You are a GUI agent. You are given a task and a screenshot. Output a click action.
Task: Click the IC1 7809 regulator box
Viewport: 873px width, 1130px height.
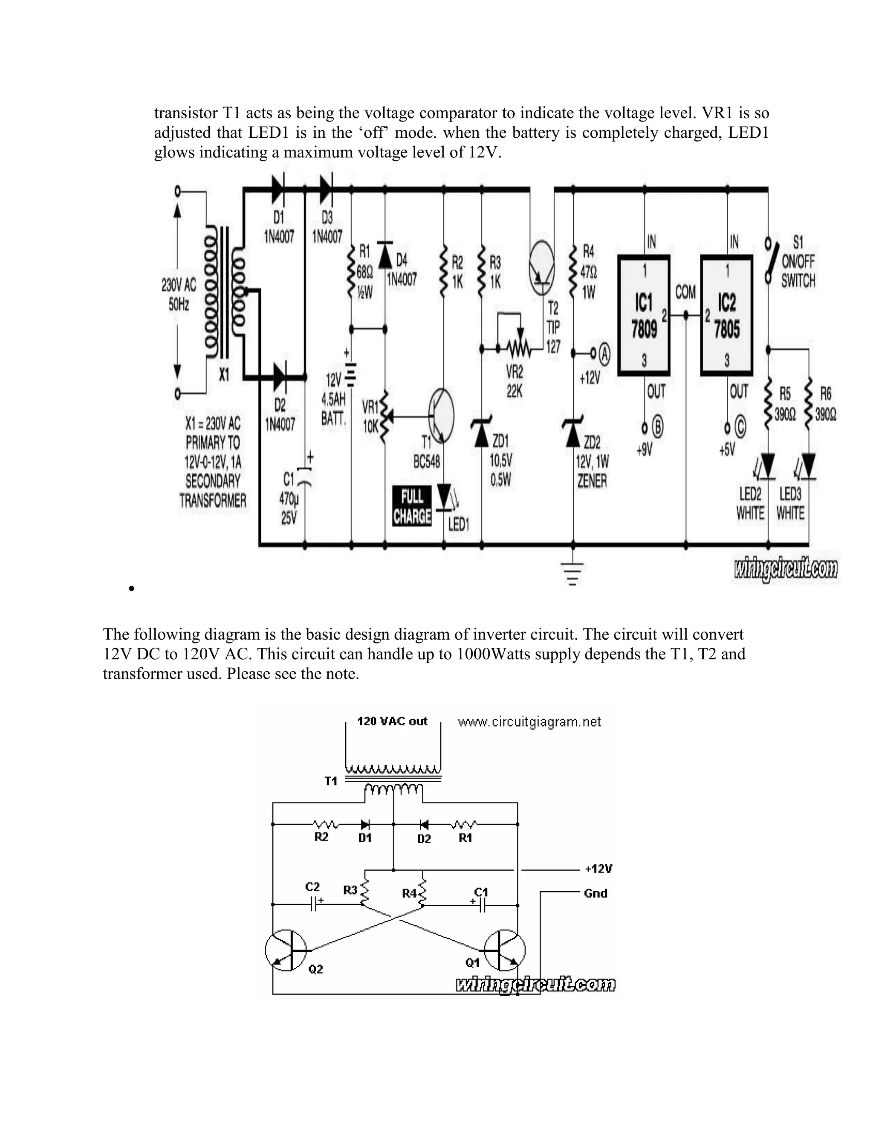[x=644, y=315]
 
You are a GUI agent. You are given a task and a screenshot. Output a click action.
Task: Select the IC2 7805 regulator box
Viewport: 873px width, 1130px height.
[x=727, y=315]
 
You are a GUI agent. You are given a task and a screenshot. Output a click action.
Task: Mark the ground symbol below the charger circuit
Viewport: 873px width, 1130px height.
[x=572, y=572]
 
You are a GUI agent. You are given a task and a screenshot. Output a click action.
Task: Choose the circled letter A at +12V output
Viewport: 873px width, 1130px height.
[x=604, y=354]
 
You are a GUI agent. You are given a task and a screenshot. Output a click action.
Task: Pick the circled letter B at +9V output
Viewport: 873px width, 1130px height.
[x=658, y=427]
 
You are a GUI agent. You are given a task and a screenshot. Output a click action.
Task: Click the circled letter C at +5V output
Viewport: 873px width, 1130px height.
[x=740, y=427]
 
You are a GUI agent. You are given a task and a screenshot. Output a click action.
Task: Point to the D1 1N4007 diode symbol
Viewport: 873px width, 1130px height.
[x=278, y=189]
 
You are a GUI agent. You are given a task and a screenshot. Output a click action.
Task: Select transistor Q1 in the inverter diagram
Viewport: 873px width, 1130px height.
[x=504, y=950]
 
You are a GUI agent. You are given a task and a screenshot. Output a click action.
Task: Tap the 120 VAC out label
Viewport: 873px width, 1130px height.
[x=393, y=721]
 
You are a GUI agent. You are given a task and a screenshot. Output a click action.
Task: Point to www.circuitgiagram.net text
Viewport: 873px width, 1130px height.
[x=529, y=722]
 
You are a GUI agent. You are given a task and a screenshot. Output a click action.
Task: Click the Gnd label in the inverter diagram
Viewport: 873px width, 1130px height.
[x=595, y=893]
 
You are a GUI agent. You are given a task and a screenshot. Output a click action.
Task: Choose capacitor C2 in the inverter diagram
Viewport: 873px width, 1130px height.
[x=313, y=904]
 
